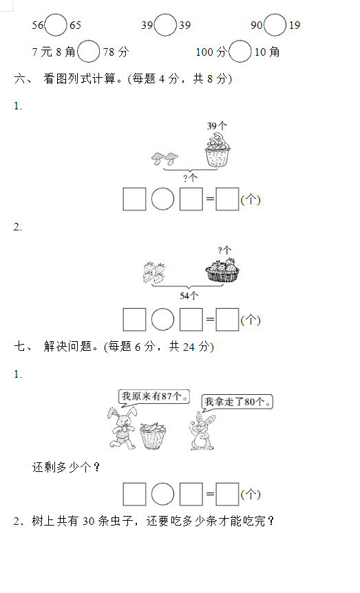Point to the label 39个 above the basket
[217, 126]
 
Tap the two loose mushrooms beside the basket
[165, 158]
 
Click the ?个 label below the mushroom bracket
[191, 177]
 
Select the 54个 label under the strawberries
[189, 296]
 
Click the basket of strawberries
[222, 270]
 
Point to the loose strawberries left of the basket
[154, 272]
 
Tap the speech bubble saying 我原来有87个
[153, 397]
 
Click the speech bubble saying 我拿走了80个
[237, 402]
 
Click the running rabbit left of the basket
[122, 428]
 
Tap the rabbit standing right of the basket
[202, 431]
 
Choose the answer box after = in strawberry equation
[227, 320]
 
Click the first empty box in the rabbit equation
[134, 495]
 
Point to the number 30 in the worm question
[89, 521]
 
